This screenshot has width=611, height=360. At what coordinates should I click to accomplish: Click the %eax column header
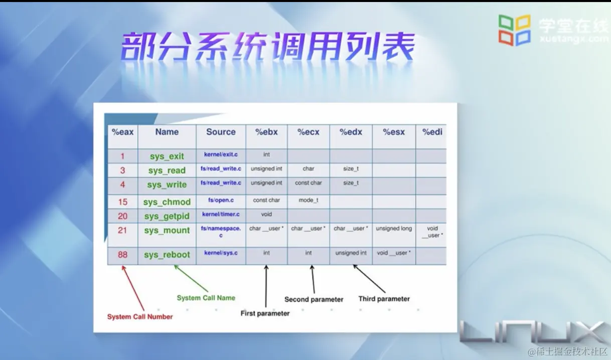pyautogui.click(x=122, y=132)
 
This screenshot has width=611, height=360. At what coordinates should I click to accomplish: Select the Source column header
pyautogui.click(x=221, y=132)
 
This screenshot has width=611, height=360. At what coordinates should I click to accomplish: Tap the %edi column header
pyautogui.click(x=432, y=132)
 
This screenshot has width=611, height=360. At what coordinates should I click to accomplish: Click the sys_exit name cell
pyautogui.click(x=167, y=156)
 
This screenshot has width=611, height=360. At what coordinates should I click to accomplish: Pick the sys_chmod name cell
pyautogui.click(x=167, y=202)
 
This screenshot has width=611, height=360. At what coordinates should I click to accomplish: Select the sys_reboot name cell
pyautogui.click(x=167, y=254)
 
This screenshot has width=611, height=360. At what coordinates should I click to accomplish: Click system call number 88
pyautogui.click(x=122, y=254)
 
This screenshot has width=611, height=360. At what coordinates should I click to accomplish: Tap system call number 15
pyautogui.click(x=122, y=202)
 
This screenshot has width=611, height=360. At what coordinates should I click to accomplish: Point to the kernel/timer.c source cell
pyautogui.click(x=221, y=215)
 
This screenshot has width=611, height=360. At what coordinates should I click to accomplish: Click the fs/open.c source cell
pyautogui.click(x=221, y=200)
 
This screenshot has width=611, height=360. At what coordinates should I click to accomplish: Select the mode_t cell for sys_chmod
pyautogui.click(x=308, y=200)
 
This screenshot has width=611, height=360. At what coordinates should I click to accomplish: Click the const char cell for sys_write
pyautogui.click(x=308, y=183)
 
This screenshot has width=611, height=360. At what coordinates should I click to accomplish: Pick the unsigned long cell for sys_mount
pyautogui.click(x=394, y=229)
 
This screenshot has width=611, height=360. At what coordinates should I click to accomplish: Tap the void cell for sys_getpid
pyautogui.click(x=266, y=215)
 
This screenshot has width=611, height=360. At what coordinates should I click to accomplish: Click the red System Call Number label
pyautogui.click(x=140, y=317)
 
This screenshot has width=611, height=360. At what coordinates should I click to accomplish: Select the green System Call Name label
pyautogui.click(x=206, y=298)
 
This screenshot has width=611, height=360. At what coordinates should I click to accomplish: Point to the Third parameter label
pyautogui.click(x=384, y=299)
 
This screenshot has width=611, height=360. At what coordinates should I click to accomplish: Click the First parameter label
pyautogui.click(x=265, y=313)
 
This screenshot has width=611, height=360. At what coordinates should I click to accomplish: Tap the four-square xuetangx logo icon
pyautogui.click(x=515, y=30)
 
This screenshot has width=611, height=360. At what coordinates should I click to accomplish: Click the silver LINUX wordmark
pyautogui.click(x=535, y=332)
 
